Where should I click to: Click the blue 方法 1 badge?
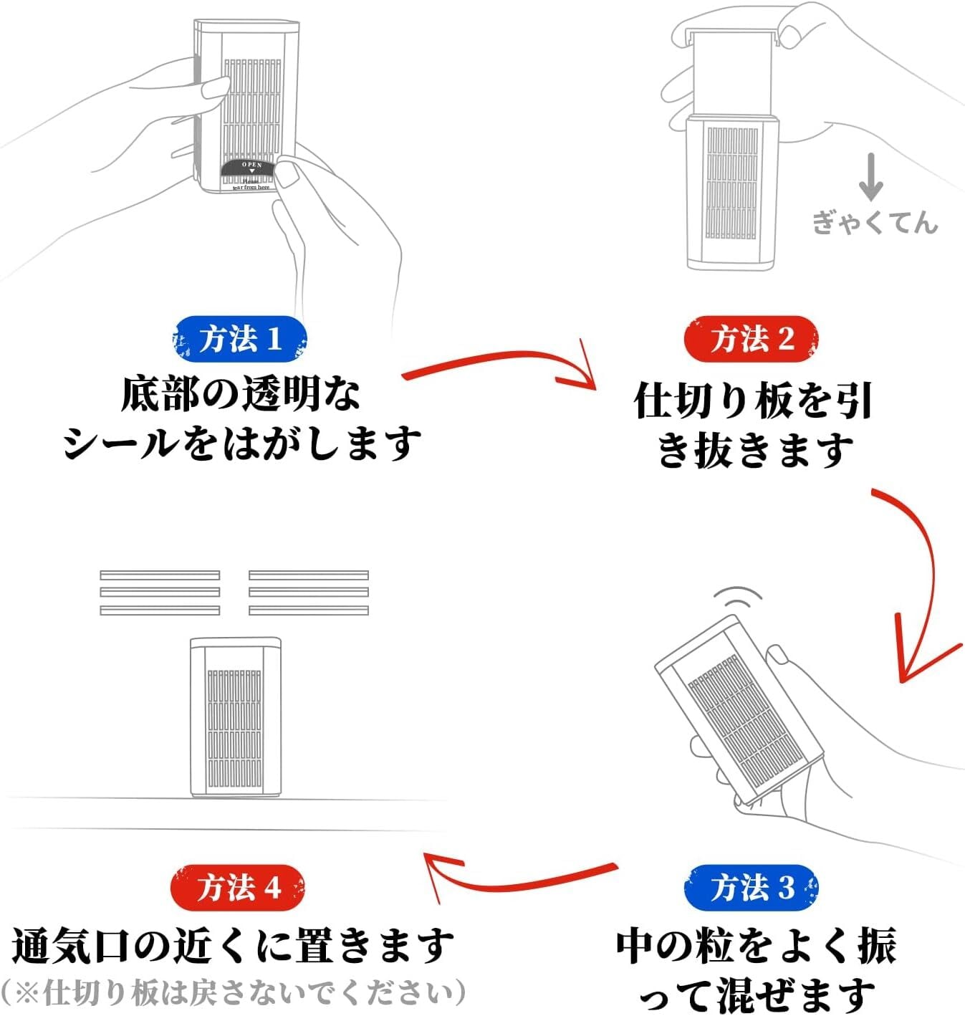[x=240, y=339]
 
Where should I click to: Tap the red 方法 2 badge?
[x=751, y=339]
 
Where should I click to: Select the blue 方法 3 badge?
[x=751, y=888]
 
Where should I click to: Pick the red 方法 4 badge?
[x=238, y=888]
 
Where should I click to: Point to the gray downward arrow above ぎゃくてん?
[x=870, y=177]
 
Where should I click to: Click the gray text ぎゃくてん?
[x=875, y=222]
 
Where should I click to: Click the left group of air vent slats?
[x=160, y=593]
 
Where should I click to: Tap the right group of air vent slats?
[x=309, y=593]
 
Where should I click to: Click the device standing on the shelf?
[x=235, y=717]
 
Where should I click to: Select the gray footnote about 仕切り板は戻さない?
[x=234, y=993]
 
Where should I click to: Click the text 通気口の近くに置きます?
[x=234, y=946]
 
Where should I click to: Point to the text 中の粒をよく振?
[x=756, y=946]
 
